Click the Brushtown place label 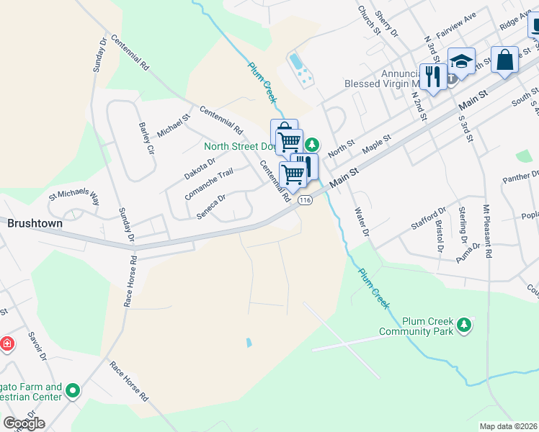pyautogui.click(x=35, y=223)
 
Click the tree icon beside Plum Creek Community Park pyautogui.click(x=465, y=326)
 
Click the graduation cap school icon pyautogui.click(x=461, y=60)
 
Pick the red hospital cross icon pyautogui.click(x=7, y=343)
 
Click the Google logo pyautogui.click(x=24, y=423)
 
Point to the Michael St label pyautogui.click(x=174, y=124)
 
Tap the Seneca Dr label pyautogui.click(x=212, y=207)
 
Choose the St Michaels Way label pyautogui.click(x=73, y=198)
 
